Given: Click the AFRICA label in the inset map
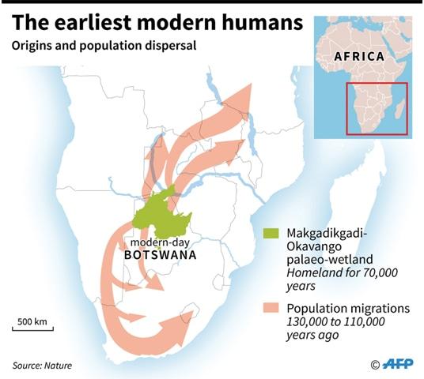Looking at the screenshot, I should (358, 57).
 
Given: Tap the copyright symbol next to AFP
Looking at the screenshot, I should (375, 364).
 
